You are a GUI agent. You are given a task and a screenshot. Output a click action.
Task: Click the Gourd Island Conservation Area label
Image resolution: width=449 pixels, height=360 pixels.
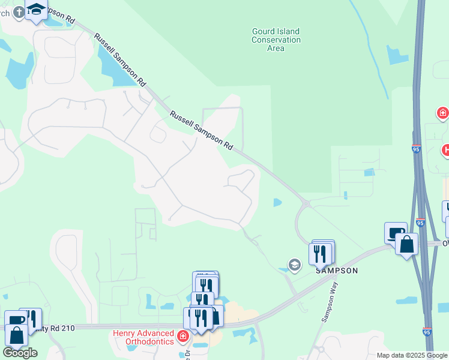[x=276, y=40]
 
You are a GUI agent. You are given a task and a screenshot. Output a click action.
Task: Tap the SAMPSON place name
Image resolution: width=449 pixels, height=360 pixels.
[x=337, y=271]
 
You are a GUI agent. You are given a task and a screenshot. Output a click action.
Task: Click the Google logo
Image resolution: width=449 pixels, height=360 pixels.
[x=20, y=353]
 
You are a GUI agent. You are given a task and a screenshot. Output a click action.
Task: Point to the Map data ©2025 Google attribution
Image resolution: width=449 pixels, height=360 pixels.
[x=411, y=355]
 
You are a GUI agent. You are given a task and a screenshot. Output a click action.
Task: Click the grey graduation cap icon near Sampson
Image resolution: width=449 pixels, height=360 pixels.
[x=294, y=264]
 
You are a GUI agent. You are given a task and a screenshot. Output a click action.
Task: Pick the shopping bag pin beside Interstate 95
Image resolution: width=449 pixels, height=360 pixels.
[x=406, y=244]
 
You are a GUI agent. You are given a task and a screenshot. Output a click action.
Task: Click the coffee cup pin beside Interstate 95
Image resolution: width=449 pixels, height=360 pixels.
[x=396, y=233]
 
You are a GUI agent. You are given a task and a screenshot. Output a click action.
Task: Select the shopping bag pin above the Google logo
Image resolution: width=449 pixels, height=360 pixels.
[x=17, y=335]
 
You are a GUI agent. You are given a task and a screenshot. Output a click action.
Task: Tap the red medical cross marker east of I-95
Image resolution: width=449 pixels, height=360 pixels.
[x=442, y=112]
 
